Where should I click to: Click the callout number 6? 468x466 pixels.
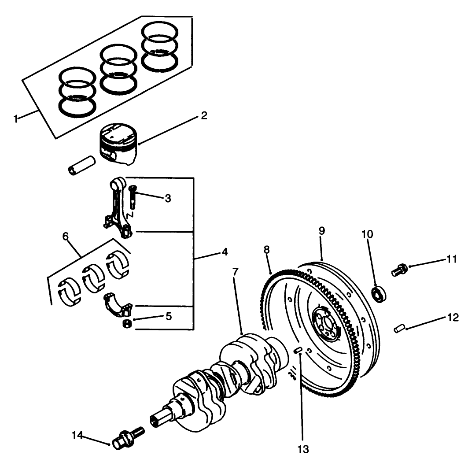(66, 237)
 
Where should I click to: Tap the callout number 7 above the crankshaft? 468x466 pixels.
(236, 272)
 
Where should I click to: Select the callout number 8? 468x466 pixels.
(267, 250)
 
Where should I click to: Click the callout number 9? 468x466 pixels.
(321, 230)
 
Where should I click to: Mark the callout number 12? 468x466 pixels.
(452, 317)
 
